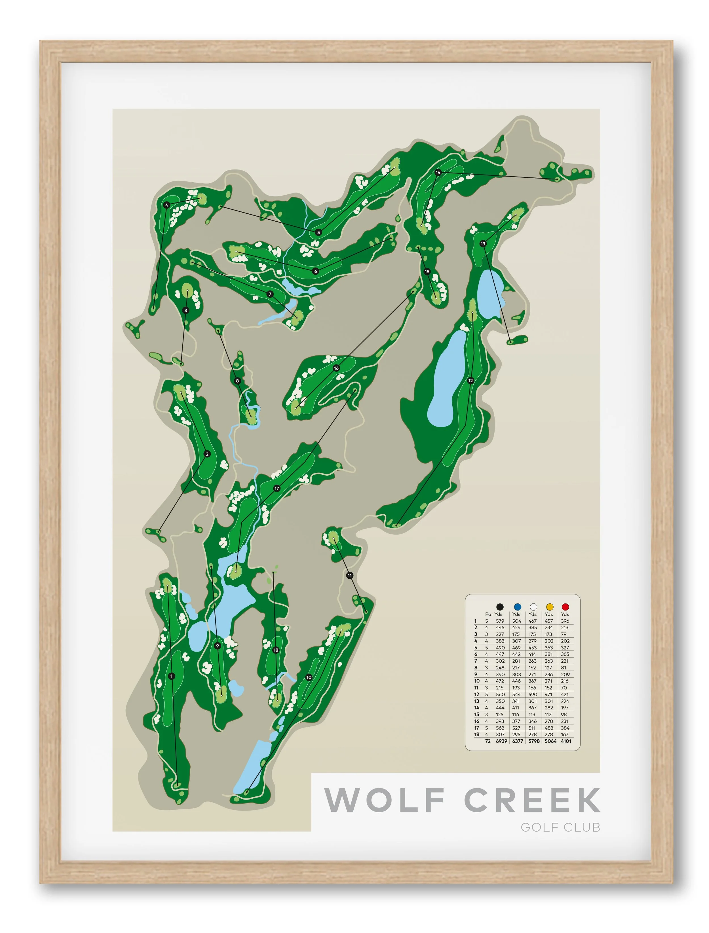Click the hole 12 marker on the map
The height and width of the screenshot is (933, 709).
tap(470, 380)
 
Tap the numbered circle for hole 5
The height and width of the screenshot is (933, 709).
tap(319, 232)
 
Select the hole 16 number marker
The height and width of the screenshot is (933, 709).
tap(336, 368)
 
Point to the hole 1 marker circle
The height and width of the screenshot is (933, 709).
tap(171, 676)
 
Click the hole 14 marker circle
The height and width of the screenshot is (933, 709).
tap(438, 173)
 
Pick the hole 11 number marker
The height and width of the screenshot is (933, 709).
tap(349, 575)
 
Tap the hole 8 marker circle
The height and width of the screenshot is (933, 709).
tap(237, 381)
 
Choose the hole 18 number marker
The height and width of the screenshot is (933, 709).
tap(276, 650)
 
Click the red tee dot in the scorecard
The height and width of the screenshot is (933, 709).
tap(565, 607)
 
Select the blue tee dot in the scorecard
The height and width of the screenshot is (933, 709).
tap(517, 607)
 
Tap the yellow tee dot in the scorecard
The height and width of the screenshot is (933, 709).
tap(550, 607)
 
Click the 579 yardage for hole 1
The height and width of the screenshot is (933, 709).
tap(500, 621)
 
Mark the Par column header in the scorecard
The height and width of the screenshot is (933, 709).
tap(489, 614)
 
